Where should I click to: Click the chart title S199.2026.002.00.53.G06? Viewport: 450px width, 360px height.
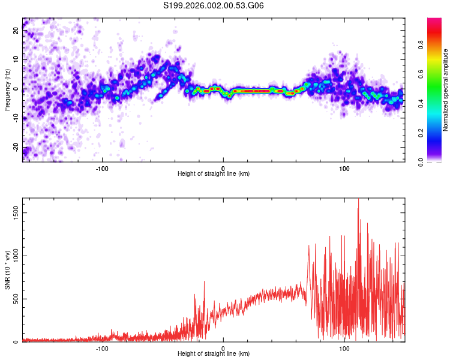coord(214,6)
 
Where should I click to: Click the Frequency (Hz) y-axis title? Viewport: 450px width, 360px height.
coord(7,89)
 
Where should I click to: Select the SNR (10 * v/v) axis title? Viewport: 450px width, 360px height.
coord(7,271)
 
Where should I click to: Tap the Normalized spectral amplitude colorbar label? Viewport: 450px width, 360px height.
coord(446,89)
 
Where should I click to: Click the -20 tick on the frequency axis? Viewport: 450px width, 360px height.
coord(16,148)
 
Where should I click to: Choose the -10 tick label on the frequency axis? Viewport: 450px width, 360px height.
coord(16,119)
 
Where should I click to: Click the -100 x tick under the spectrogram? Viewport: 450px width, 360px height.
coord(102,168)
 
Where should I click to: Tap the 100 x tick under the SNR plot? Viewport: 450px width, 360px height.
coord(344,348)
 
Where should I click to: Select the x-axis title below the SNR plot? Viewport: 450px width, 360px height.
coord(214,354)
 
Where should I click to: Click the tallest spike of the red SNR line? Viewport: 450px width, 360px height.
coord(358,200)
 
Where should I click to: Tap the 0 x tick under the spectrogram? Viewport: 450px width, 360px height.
coord(223,168)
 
